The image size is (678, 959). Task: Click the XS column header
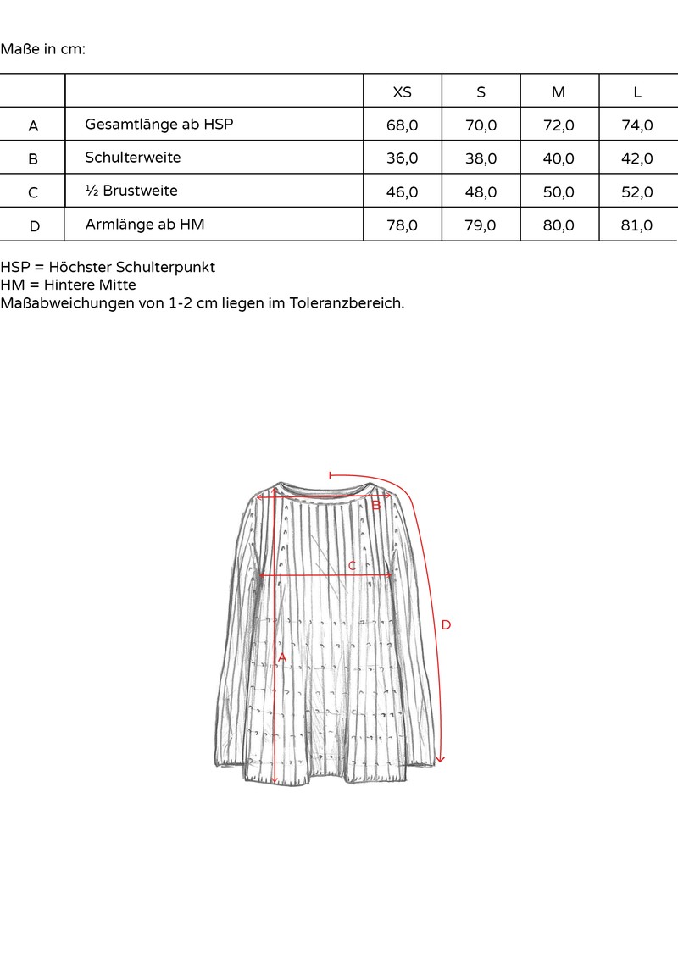[x=402, y=92]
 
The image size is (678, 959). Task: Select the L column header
[x=637, y=92]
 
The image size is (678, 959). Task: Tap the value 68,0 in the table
[x=402, y=125]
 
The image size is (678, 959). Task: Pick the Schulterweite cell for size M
[x=559, y=158]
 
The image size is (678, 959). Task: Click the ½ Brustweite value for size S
[x=481, y=192]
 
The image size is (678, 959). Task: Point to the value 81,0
[x=637, y=225]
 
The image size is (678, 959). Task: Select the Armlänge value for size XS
[x=402, y=225]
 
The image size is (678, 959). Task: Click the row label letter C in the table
[x=33, y=193]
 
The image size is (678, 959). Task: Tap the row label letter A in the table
[x=33, y=126]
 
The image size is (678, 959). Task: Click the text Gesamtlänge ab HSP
[x=159, y=125]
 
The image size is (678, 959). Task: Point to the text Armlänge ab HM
[x=145, y=225]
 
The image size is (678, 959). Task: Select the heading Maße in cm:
[x=43, y=48]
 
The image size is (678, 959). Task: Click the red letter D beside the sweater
[x=446, y=625]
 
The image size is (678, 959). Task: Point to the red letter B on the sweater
[x=375, y=506]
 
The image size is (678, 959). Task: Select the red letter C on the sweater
[x=352, y=565]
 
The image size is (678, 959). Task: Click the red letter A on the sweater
[x=282, y=657]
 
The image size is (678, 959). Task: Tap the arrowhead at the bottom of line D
[x=439, y=759]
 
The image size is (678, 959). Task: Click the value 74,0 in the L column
[x=637, y=125]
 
